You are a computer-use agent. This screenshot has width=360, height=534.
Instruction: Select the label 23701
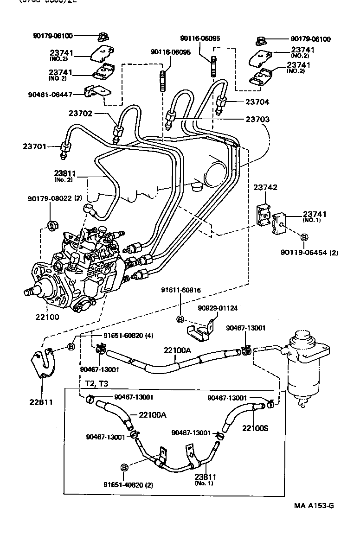[35, 146]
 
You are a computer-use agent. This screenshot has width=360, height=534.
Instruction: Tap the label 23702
[81, 113]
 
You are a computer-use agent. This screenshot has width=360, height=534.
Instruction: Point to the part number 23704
[258, 102]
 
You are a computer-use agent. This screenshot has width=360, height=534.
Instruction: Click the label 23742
[265, 187]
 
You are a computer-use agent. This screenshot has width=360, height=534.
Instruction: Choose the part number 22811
[41, 401]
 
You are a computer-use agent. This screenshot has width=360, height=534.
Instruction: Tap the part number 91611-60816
[181, 290]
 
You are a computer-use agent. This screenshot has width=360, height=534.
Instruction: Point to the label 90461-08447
[50, 94]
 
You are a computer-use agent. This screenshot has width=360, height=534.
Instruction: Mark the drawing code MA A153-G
[313, 505]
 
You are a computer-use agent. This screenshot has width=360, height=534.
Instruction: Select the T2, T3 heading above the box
[96, 384]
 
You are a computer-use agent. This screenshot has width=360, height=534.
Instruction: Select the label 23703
[258, 119]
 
